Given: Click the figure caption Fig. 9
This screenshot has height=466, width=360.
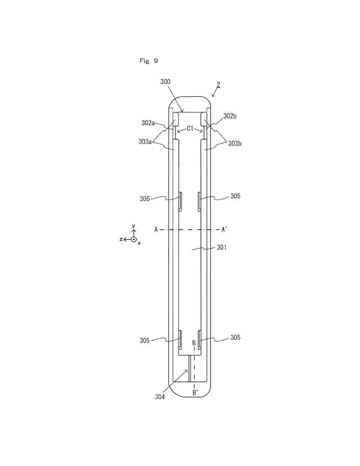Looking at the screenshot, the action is pyautogui.click(x=149, y=61).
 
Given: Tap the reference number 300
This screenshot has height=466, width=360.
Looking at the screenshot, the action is pyautogui.click(x=165, y=82).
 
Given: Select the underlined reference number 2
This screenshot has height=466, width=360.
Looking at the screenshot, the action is pyautogui.click(x=218, y=85).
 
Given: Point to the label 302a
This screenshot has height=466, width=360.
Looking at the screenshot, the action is pyautogui.click(x=148, y=123).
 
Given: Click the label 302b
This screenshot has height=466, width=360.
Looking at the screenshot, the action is pyautogui.click(x=230, y=116).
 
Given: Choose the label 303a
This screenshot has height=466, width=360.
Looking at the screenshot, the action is pyautogui.click(x=145, y=142).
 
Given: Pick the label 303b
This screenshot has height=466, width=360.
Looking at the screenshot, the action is pyautogui.click(x=235, y=143).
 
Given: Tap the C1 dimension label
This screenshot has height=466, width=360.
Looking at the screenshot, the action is pyautogui.click(x=190, y=129).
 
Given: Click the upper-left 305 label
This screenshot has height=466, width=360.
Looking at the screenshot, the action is pyautogui.click(x=145, y=199).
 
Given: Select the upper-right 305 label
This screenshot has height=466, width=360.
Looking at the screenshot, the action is pyautogui.click(x=235, y=196).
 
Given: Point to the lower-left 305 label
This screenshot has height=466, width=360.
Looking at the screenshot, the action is pyautogui.click(x=145, y=341).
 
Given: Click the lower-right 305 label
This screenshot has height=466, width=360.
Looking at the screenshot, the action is pyautogui.click(x=235, y=338).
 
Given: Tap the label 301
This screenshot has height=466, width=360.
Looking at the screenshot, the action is pyautogui.click(x=222, y=248).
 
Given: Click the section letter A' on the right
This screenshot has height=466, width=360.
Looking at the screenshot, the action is pyautogui.click(x=224, y=230).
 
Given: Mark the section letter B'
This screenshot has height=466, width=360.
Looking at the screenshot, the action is pyautogui.click(x=195, y=393).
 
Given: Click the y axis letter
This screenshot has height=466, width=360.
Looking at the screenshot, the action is pyautogui.click(x=133, y=225).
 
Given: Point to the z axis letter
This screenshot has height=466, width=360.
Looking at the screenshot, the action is pyautogui.click(x=121, y=239).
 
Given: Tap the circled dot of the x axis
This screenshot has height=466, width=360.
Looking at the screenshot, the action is pyautogui.click(x=134, y=239).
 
